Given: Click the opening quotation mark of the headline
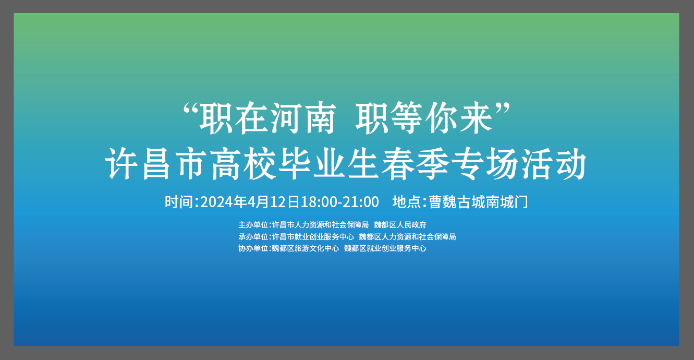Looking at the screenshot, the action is [190, 110].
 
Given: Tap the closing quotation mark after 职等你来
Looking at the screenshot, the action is [503, 110].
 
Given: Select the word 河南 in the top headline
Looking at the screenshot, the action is [304, 118].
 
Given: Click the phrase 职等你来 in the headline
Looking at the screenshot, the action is [424, 118].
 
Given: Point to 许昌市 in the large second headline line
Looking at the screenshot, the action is [156, 163].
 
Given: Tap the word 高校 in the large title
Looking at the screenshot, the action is [243, 163].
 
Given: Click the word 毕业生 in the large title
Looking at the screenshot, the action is [329, 163].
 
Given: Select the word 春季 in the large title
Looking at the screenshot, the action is [415, 163].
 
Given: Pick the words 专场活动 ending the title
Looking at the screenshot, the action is [519, 163].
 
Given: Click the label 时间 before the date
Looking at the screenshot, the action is [179, 202].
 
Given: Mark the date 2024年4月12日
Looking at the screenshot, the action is [250, 202].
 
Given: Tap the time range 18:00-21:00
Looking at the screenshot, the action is [340, 202].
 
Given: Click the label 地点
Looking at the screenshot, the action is [407, 202].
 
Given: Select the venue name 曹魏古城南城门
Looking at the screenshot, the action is [478, 202].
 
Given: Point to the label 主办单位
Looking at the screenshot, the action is [253, 224].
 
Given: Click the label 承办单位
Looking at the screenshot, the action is [253, 236].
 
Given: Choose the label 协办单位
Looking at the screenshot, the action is [253, 248].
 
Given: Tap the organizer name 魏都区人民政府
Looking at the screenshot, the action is [400, 224].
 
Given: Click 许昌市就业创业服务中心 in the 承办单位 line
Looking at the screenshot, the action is [313, 236].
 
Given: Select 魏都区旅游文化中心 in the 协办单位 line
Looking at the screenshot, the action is [306, 248].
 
